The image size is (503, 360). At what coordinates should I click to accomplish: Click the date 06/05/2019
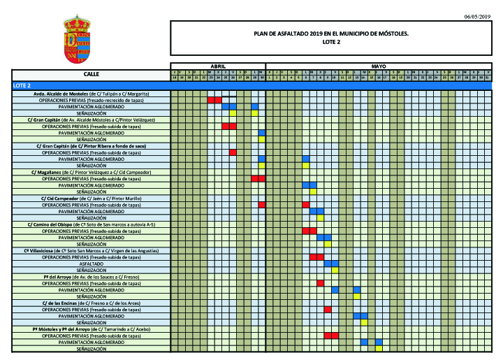point(477,16)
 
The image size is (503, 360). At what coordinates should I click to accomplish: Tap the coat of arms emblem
point(77,41)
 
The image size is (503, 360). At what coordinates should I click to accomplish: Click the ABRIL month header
point(218,66)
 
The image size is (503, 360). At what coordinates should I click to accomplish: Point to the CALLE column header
point(91,73)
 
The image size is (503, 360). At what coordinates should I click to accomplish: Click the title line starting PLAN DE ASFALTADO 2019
point(330,33)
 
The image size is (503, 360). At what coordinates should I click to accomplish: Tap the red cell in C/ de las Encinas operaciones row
point(328,309)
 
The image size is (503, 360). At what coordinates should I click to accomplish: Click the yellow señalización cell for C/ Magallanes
point(313,192)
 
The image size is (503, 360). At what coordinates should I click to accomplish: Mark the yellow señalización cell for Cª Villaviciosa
point(335,270)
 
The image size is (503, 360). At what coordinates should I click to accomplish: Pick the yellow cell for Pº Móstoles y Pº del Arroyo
point(379,348)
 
